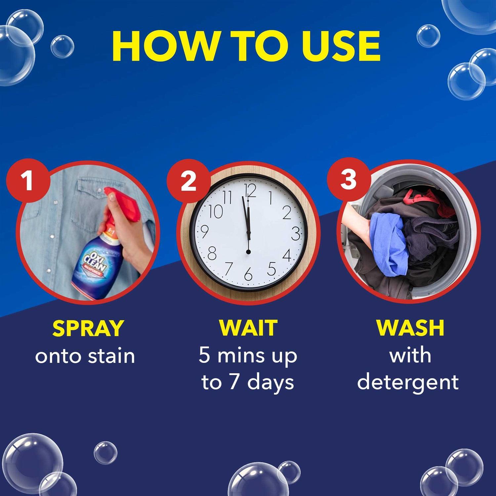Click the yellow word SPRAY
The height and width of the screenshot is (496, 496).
click(x=88, y=328)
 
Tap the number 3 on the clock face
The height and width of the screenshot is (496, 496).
click(x=295, y=233)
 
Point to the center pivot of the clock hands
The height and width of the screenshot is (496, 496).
click(x=248, y=252)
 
